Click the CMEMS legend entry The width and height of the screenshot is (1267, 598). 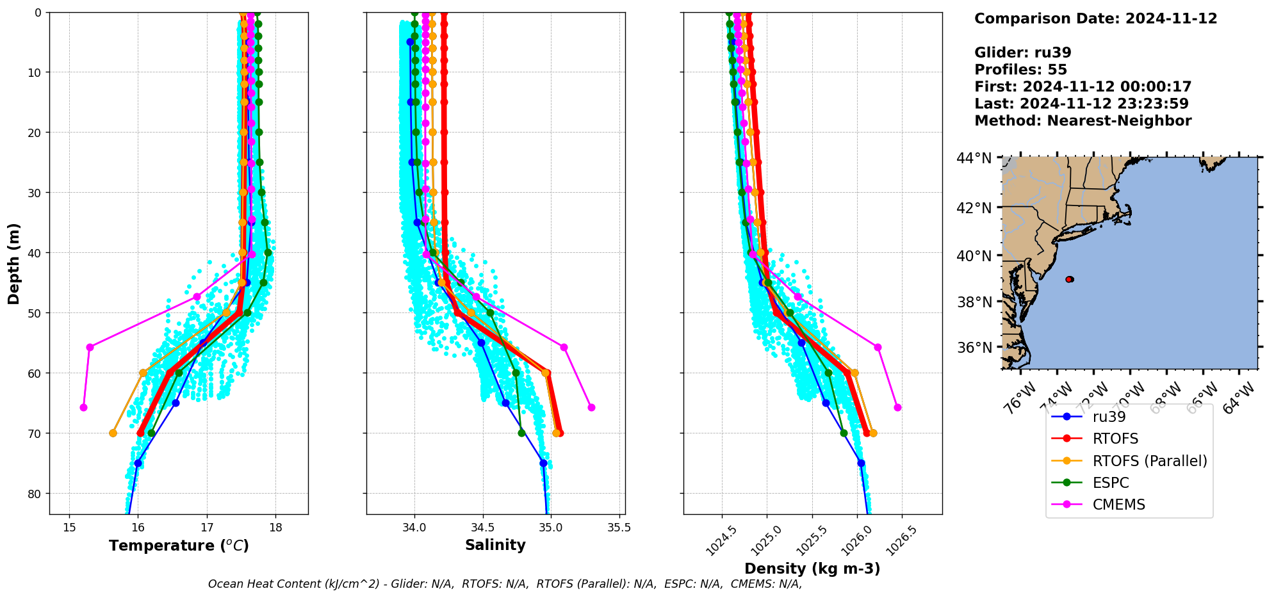click(1118, 505)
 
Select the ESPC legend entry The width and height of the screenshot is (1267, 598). click(1111, 483)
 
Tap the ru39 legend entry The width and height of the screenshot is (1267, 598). click(1109, 417)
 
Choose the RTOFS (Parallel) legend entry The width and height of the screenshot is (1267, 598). click(1149, 461)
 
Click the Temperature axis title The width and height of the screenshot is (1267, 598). click(179, 546)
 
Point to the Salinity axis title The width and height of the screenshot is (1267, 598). click(495, 545)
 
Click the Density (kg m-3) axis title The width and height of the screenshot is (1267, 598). click(812, 569)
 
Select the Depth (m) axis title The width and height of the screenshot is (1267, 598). click(14, 264)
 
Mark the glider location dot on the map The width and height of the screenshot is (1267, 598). click(1069, 279)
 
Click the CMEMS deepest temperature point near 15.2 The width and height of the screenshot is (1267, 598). click(83, 407)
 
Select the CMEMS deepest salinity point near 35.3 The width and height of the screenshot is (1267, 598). click(591, 407)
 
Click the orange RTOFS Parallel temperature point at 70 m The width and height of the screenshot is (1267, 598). click(113, 433)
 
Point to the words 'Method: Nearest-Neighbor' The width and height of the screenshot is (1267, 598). click(1083, 121)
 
